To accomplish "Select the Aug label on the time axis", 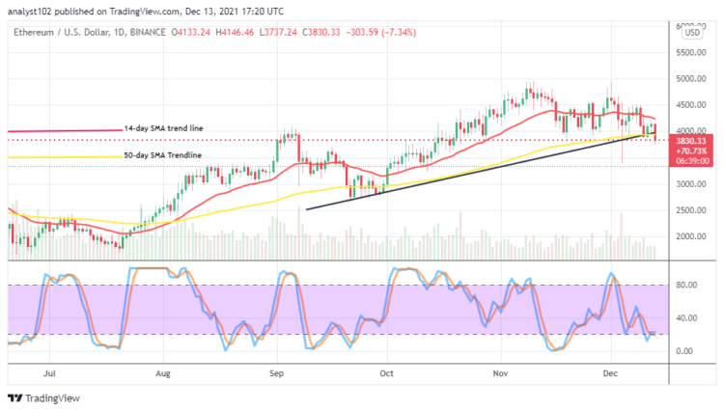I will click(x=162, y=370).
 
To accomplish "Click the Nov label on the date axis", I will click(x=499, y=370).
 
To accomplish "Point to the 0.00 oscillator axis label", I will click(x=685, y=351).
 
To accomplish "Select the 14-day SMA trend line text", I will click(x=163, y=128).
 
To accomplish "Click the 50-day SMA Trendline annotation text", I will click(x=161, y=155).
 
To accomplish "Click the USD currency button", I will click(x=691, y=33).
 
